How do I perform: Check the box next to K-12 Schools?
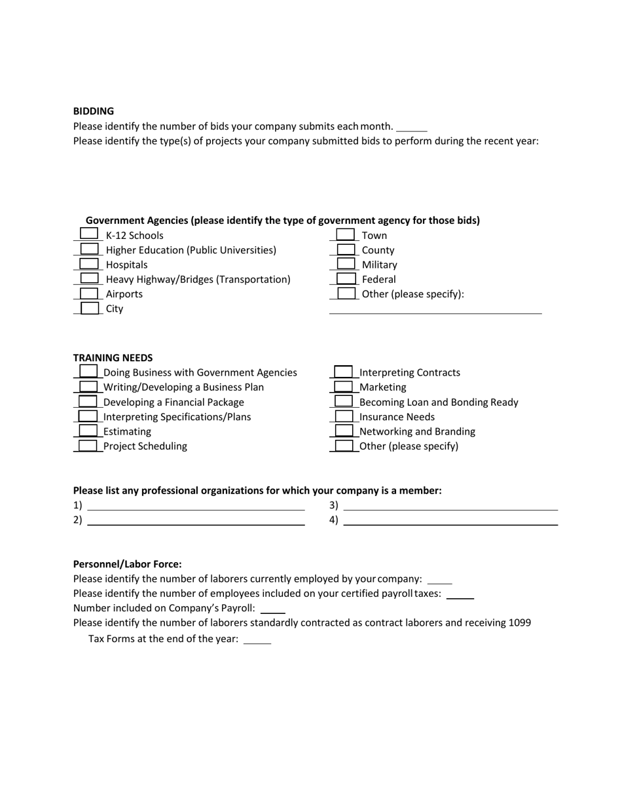click(x=88, y=234)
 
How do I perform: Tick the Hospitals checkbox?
click(x=88, y=263)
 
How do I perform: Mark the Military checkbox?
click(x=345, y=263)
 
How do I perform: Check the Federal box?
click(x=345, y=278)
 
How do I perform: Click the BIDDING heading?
click(x=93, y=111)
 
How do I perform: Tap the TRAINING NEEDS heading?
click(x=113, y=358)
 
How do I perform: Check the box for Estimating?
click(x=88, y=431)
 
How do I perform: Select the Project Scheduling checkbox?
click(x=88, y=446)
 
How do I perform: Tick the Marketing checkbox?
click(x=344, y=387)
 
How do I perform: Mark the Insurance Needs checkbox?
click(x=344, y=416)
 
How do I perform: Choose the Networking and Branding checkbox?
click(x=344, y=431)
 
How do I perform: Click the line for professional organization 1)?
click(x=196, y=508)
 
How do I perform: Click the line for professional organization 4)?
click(x=450, y=523)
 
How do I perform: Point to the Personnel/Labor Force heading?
click(x=127, y=564)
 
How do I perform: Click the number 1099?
click(x=519, y=622)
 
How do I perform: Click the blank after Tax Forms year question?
click(x=257, y=641)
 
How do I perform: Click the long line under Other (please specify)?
click(x=435, y=312)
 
